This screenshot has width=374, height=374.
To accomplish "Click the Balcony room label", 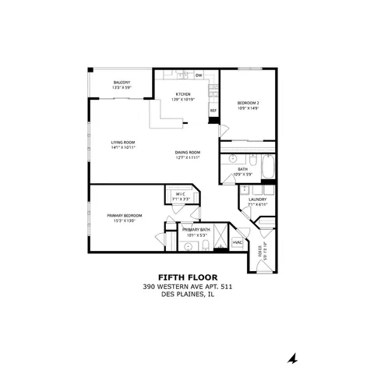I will tap(121, 83).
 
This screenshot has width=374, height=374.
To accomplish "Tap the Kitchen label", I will tap(183, 94).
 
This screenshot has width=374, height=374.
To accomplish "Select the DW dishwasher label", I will tap(199, 75).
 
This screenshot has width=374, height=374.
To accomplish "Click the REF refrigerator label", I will tap(213, 111).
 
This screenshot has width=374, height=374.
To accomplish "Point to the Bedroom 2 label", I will tap(248, 103).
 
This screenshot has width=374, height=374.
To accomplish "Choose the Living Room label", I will tap(123, 142).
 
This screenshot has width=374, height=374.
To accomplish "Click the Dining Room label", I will tap(188, 152).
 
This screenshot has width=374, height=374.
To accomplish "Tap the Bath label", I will tap(243, 168).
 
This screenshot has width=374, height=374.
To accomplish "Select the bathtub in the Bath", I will tap(267, 166).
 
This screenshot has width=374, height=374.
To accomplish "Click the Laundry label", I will tap(258, 199).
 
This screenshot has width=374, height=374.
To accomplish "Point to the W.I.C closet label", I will tap(180, 194).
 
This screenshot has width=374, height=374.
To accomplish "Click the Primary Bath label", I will tap(196, 230).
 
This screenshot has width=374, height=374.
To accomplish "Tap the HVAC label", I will tap(238, 242).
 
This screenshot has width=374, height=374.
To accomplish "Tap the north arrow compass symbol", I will tap(293, 358).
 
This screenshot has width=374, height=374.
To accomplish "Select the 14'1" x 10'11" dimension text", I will tap(123, 147).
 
